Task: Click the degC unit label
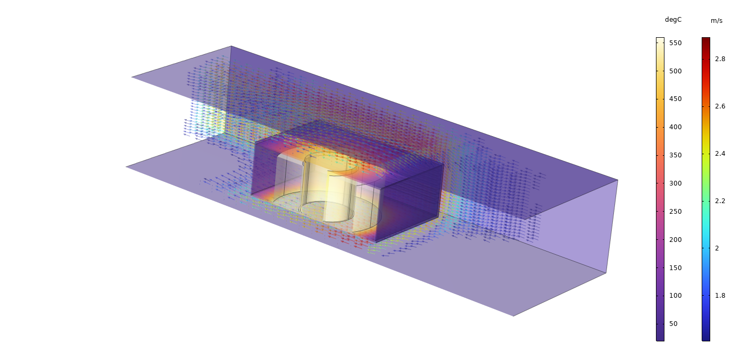pos(673,20)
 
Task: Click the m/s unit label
pos(717,21)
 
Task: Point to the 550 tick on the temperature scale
pos(675,43)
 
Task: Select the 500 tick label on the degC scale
pos(675,71)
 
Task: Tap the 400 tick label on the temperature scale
pos(675,127)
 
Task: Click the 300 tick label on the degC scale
pos(675,183)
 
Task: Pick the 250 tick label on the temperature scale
pos(675,212)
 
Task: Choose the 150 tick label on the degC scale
pos(675,268)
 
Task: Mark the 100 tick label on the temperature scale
pos(675,296)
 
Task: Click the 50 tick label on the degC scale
pos(674,324)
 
